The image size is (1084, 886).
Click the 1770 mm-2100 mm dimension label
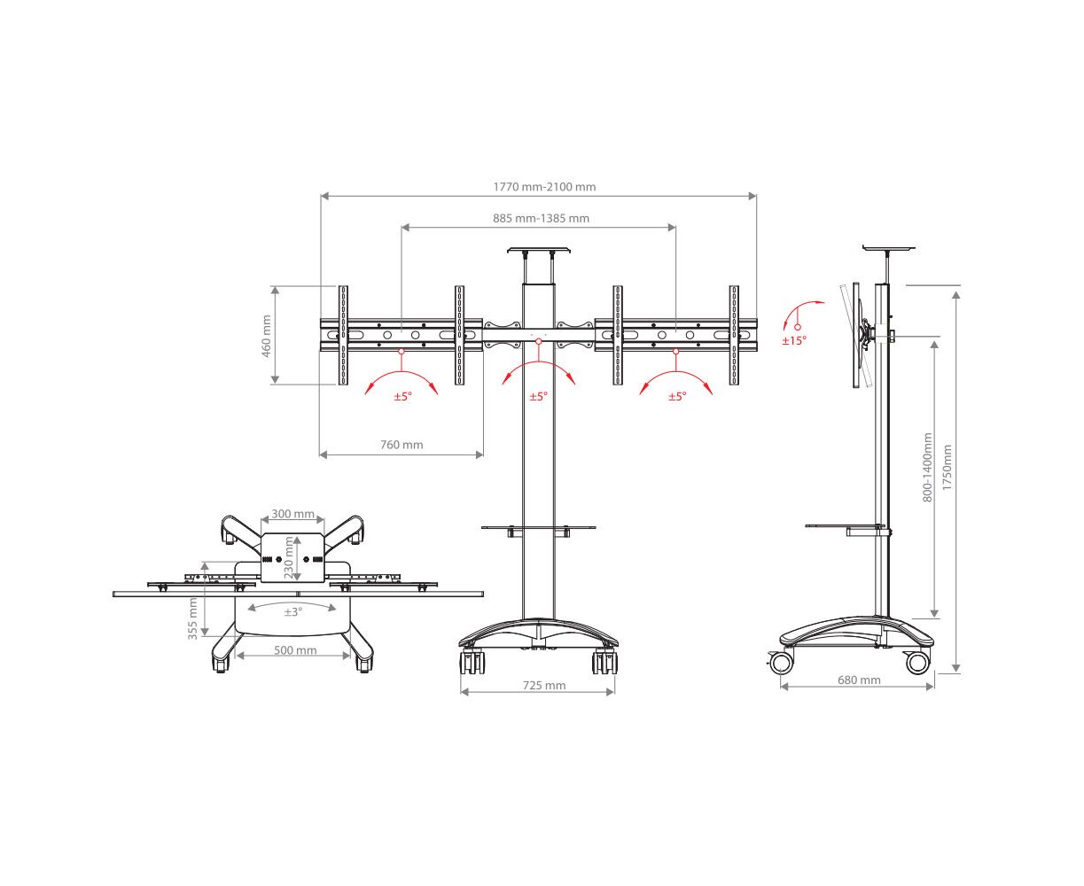(x=544, y=187)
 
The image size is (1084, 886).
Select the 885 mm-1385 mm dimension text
(x=541, y=218)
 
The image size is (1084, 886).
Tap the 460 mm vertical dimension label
(x=266, y=336)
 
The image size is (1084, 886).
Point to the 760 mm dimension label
(x=402, y=445)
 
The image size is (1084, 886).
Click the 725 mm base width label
(x=544, y=685)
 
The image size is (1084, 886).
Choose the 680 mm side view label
(x=859, y=680)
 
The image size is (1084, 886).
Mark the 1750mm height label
(x=948, y=467)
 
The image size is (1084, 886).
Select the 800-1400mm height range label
(x=927, y=467)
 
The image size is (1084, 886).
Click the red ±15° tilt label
(x=794, y=340)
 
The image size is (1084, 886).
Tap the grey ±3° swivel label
(x=293, y=612)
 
